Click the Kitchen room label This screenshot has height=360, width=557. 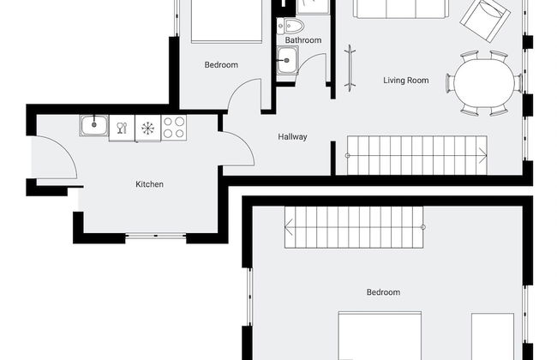[x=150, y=184]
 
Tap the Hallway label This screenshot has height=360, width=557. [x=292, y=137]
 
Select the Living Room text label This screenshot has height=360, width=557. [x=405, y=81]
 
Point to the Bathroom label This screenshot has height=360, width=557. [x=303, y=40]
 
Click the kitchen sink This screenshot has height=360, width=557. [x=94, y=125]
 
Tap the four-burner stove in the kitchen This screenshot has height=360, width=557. [x=174, y=127]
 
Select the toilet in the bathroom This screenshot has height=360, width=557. [x=290, y=26]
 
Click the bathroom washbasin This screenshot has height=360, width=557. [x=287, y=60]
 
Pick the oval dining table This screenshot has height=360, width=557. [x=484, y=82]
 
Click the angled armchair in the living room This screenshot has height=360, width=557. [x=485, y=20]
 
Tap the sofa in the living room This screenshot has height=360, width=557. [x=401, y=9]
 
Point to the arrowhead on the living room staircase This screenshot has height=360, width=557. [x=483, y=155]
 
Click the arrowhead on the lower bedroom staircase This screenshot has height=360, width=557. [x=289, y=227]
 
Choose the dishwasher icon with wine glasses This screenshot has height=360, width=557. [x=122, y=128]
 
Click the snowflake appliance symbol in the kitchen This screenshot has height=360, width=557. [x=147, y=128]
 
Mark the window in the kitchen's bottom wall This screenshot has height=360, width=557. [x=156, y=235]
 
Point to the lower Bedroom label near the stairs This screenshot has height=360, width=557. [x=383, y=292]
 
